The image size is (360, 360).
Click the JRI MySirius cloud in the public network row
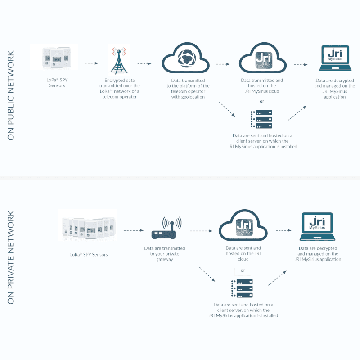[262, 59]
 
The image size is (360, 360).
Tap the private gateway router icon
[166, 229]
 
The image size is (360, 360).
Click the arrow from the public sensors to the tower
[91, 63]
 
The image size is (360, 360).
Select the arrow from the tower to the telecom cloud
[144, 63]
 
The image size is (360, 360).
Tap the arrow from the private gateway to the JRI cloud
[201, 230]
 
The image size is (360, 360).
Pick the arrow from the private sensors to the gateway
[133, 230]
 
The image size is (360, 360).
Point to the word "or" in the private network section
[243, 270]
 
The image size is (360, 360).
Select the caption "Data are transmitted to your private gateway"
[164, 254]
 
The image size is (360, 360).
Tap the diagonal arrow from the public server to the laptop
[297, 113]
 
